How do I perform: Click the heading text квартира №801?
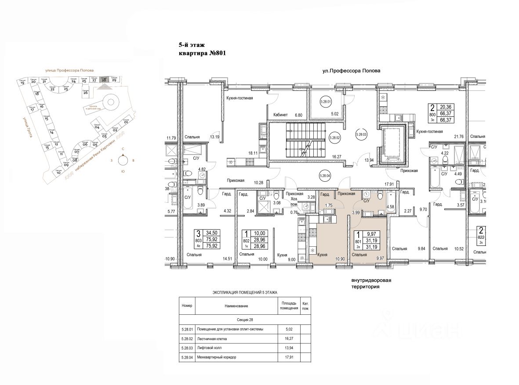point(202,54)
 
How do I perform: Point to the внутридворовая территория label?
point(371,283)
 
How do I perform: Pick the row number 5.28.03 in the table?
point(187,348)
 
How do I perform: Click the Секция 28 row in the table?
point(245,320)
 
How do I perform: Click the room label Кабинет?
point(281,115)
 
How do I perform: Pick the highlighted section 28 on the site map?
point(104,79)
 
